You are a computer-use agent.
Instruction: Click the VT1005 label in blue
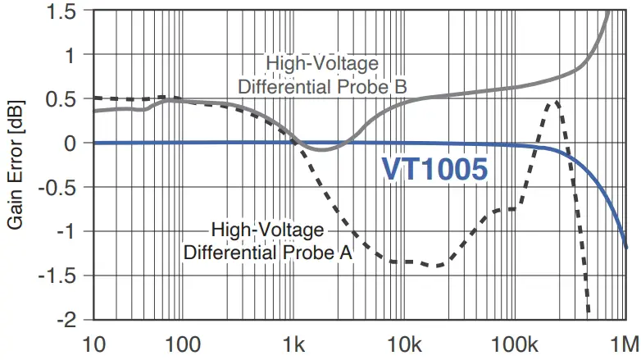(x=435, y=169)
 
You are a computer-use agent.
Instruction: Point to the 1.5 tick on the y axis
(x=69, y=11)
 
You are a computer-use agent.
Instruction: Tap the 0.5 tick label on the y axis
(x=69, y=99)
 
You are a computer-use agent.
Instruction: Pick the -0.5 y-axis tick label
(x=66, y=187)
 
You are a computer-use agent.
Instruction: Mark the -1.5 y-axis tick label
(x=66, y=275)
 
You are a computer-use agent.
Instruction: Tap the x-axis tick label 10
(x=95, y=342)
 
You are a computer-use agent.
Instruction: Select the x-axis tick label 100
(x=184, y=342)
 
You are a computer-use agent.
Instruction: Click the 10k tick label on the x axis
(x=402, y=342)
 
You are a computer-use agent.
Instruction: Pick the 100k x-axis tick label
(x=514, y=342)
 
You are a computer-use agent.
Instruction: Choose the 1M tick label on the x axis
(x=624, y=342)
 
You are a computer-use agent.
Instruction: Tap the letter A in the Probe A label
(x=345, y=253)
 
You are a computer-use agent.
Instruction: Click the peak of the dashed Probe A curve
(x=557, y=102)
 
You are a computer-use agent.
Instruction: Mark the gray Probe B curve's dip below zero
(x=321, y=150)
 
